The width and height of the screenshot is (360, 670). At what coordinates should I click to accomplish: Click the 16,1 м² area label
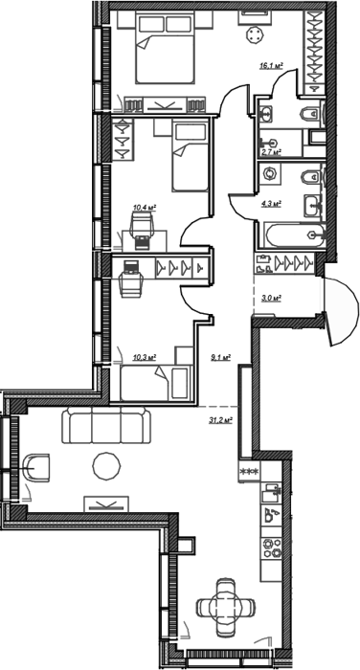[x=272, y=65]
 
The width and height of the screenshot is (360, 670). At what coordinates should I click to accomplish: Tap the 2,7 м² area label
[x=271, y=151]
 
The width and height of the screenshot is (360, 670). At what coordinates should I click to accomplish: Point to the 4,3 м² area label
[x=271, y=203]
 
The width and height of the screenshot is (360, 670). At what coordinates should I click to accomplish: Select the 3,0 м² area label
[x=271, y=299]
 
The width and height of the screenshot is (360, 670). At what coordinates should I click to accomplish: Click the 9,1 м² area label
[x=221, y=357]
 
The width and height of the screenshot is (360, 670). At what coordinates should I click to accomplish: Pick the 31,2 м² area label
[x=220, y=420]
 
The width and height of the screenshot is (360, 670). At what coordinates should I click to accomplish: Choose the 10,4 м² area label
[x=145, y=208]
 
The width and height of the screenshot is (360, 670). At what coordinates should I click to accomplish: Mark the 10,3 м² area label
[x=144, y=357]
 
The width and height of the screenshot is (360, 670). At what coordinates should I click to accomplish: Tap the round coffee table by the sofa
[x=106, y=466]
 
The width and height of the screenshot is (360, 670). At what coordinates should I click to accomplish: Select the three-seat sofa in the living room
[x=106, y=426]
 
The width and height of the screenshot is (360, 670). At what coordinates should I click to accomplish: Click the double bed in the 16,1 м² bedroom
[x=165, y=47]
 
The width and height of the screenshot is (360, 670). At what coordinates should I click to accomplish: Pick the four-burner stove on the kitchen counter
[x=272, y=547]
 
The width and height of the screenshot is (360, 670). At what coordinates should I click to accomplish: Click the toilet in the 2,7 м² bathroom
[x=311, y=114]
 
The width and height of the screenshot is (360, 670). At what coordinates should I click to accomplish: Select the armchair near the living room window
[x=36, y=468]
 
